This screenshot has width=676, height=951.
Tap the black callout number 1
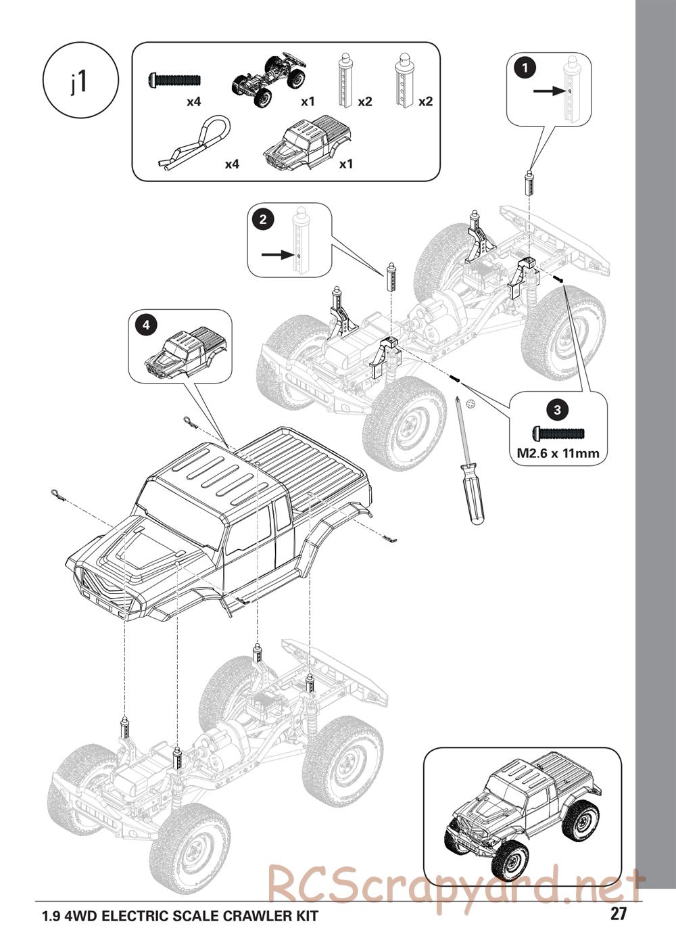click(x=525, y=67)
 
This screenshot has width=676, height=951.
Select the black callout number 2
click(x=262, y=218)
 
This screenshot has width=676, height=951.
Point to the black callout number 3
click(x=557, y=409)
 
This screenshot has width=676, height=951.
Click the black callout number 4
click(x=145, y=325)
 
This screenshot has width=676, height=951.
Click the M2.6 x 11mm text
click(x=558, y=453)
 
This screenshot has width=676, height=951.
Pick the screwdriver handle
click(x=475, y=492)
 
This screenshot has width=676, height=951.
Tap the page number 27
click(x=618, y=914)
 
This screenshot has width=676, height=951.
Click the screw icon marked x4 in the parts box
click(x=174, y=80)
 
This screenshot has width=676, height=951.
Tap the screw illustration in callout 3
click(x=558, y=432)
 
